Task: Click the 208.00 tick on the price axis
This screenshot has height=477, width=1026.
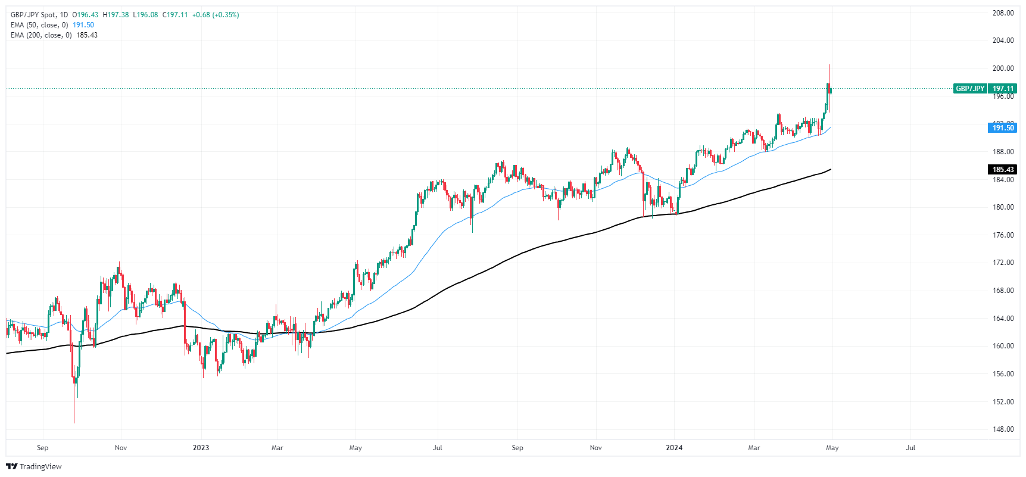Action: [x=1003, y=13]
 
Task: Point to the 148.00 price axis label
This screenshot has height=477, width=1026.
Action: [x=1003, y=429]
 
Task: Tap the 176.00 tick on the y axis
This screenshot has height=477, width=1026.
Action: [x=1003, y=235]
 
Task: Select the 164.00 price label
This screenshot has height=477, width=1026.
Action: [x=1003, y=319]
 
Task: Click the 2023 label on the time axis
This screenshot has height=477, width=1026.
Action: [x=201, y=448]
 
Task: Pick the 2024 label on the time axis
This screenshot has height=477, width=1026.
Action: [x=674, y=448]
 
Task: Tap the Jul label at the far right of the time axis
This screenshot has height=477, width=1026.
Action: [x=910, y=448]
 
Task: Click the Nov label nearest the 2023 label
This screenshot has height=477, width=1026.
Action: [x=121, y=448]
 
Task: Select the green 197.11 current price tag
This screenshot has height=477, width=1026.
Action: [x=1003, y=89]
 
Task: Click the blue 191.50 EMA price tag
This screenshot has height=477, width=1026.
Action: [x=1003, y=128]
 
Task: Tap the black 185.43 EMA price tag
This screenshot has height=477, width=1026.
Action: [x=1003, y=170]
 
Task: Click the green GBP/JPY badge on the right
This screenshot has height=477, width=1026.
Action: [x=970, y=89]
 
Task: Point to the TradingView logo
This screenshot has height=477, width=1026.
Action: [x=34, y=466]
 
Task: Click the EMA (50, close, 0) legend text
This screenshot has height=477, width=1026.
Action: [x=40, y=25]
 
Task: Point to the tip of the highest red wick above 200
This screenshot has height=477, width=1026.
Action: [x=829, y=65]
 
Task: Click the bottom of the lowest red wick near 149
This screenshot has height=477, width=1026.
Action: [x=74, y=423]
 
